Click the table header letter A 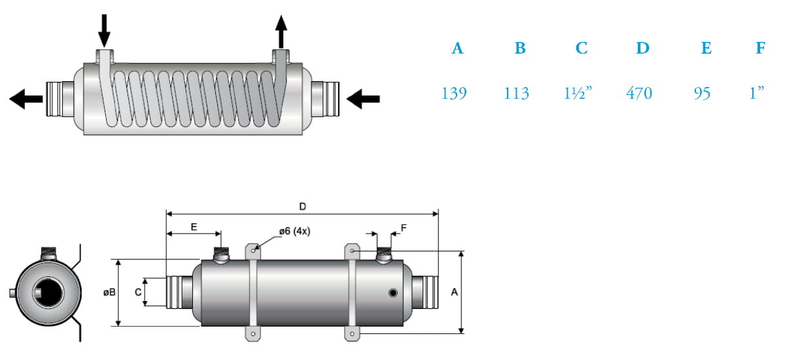click(x=457, y=48)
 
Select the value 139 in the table click(x=454, y=93)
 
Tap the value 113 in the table click(x=517, y=93)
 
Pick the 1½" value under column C click(x=578, y=93)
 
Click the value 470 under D click(x=639, y=93)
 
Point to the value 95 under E click(x=702, y=93)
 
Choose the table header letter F click(x=760, y=48)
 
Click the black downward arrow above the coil click(x=104, y=31)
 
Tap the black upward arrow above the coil click(x=281, y=31)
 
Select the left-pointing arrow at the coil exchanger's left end click(x=26, y=99)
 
